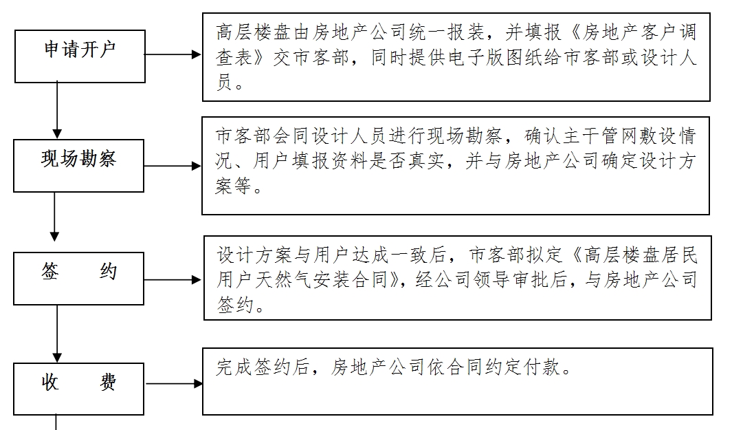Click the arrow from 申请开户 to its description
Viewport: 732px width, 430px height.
[173, 54]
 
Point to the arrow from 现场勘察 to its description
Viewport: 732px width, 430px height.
[173, 166]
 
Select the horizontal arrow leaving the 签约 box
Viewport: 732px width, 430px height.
[173, 280]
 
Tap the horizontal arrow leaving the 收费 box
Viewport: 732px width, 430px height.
[174, 384]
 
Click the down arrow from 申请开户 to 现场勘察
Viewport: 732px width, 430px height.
[57, 110]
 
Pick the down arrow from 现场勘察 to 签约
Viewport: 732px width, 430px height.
[54, 217]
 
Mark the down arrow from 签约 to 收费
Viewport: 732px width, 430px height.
[57, 334]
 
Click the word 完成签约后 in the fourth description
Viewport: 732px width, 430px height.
[263, 367]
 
